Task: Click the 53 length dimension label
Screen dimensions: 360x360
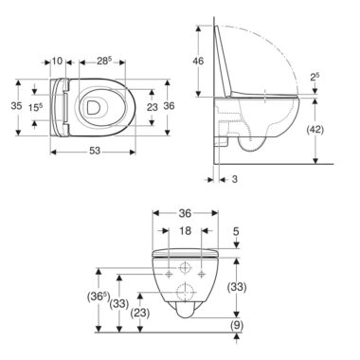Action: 94,152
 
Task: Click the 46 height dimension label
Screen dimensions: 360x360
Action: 198,61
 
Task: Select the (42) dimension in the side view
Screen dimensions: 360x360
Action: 315,130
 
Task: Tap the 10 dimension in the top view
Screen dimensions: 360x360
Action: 57,61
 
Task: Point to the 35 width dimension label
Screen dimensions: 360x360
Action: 16,106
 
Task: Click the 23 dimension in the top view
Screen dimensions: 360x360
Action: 153,107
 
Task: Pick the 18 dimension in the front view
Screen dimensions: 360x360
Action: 185,231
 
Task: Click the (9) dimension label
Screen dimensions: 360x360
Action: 237,325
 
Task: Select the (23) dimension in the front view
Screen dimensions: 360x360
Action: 140,313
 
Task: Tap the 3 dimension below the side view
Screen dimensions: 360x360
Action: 234,179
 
